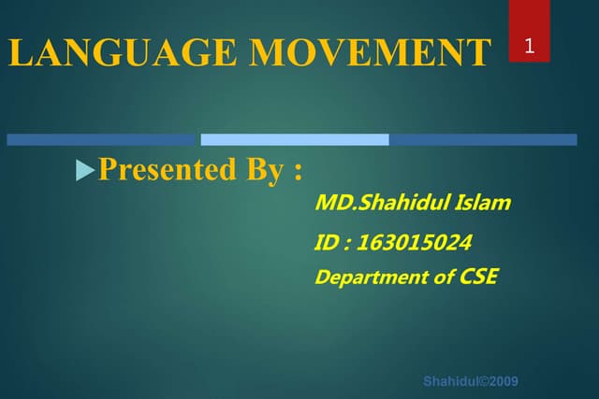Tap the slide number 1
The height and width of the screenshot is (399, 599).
[530, 46]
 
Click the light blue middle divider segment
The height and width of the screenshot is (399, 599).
[295, 140]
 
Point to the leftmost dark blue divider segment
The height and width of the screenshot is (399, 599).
[102, 140]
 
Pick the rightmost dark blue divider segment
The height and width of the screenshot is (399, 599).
[483, 140]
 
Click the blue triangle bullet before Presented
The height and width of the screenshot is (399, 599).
[84, 171]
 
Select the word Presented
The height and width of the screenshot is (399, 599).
[167, 171]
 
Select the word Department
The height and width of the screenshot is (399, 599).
[368, 278]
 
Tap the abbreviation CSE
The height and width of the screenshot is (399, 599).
[478, 277]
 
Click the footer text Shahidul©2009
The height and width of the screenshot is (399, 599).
[471, 381]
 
